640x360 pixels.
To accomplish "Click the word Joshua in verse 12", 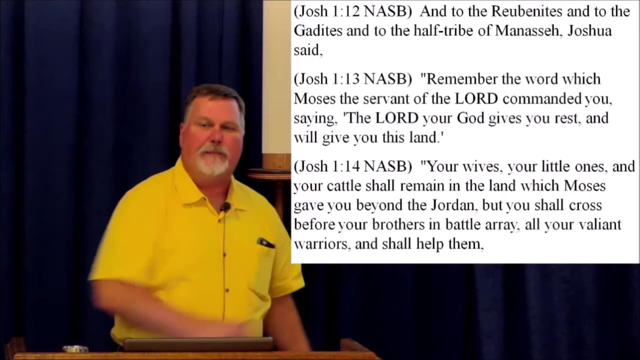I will pos(590,31).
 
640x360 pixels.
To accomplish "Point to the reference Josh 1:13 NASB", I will pos(352,79).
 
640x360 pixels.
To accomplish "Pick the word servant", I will pos(385,98).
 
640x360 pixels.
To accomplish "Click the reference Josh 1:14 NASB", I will pos(352,166).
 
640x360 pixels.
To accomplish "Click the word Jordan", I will pos(454,205).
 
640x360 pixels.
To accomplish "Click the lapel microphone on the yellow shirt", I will pos(225,206).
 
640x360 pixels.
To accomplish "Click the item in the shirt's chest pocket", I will pos(265,243).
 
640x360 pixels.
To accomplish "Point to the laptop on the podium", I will pos(198,344).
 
